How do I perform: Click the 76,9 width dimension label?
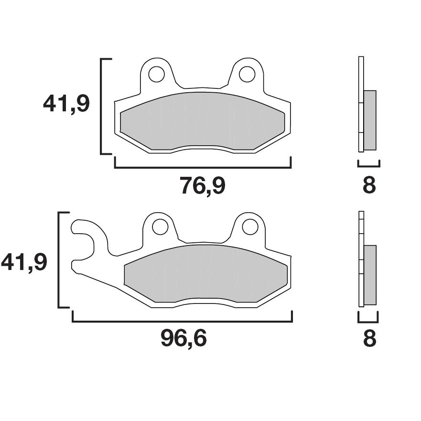click(202, 185)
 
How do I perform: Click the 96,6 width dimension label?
click(184, 338)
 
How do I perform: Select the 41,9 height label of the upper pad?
click(66, 104)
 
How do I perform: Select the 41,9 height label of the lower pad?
click(24, 262)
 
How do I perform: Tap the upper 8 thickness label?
click(369, 185)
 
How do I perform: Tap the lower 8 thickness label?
click(369, 338)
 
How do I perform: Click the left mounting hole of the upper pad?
click(156, 74)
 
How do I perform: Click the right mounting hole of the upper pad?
click(247, 74)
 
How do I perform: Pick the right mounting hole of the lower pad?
click(250, 227)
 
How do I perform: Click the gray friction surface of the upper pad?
click(203, 120)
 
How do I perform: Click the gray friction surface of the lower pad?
click(205, 274)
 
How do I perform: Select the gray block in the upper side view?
click(370, 120)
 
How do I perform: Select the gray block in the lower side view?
click(370, 275)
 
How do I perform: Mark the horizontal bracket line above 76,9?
click(203, 168)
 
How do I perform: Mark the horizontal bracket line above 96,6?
click(182, 322)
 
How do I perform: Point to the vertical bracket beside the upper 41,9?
click(101, 106)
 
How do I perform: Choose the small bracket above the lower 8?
click(367, 320)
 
